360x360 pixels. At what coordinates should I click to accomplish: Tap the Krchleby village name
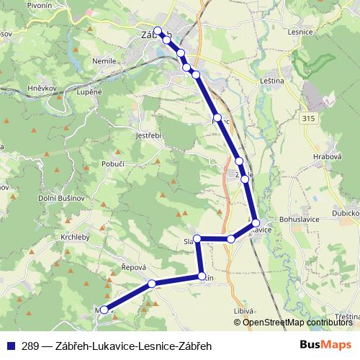tap(76, 236)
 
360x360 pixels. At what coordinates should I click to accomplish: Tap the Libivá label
tap(244, 310)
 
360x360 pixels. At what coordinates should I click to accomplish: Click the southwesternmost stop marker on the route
tap(104, 310)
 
